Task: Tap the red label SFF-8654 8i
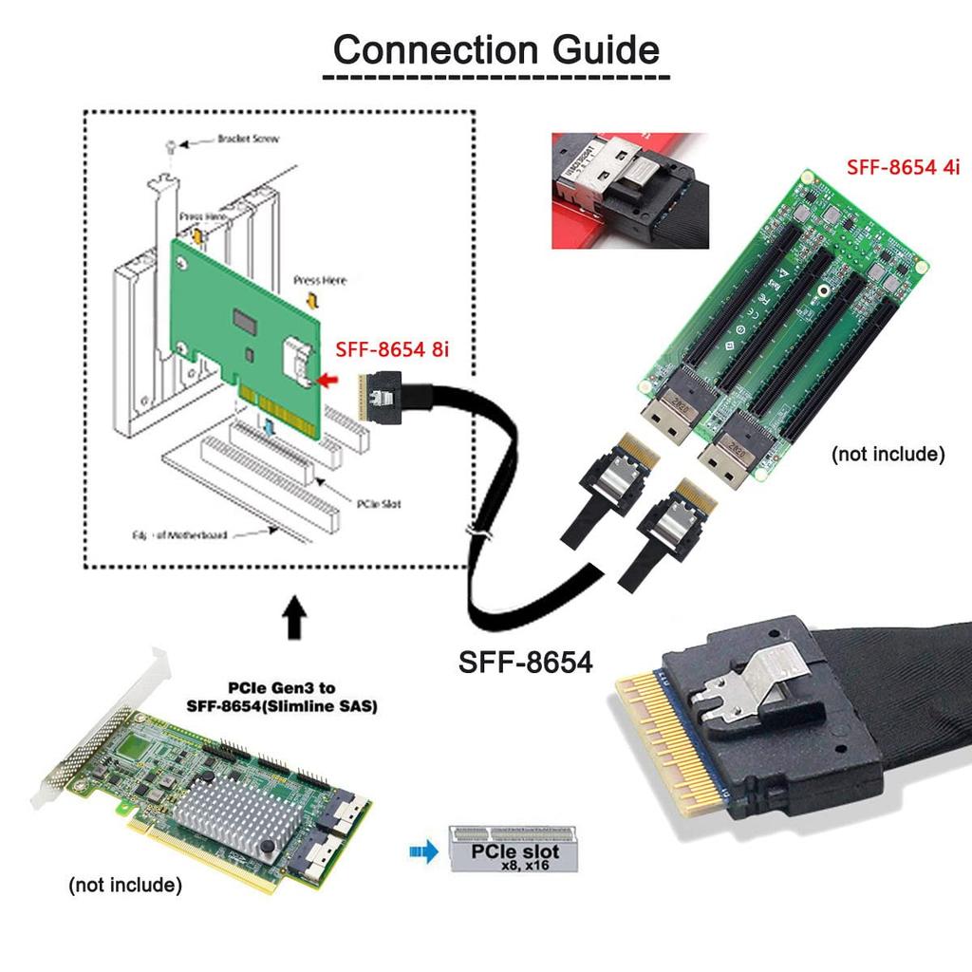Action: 392,349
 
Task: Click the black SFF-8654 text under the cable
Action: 525,661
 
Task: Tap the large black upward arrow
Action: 295,618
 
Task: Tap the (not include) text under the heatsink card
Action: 124,886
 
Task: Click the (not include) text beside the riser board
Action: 888,454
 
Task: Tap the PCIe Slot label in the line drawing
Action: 378,503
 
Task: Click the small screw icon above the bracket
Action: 170,146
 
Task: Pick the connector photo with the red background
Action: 630,191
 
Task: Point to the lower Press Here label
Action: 320,281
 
